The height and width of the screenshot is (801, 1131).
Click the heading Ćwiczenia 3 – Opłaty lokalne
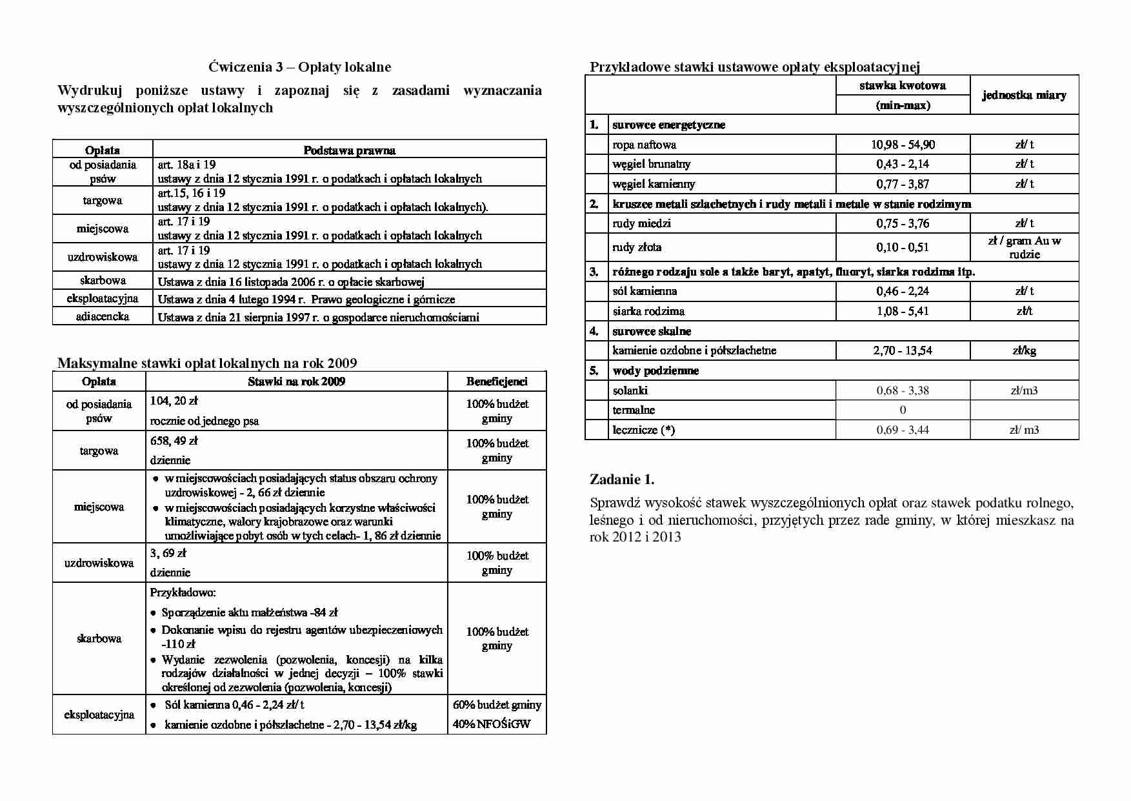click(299, 67)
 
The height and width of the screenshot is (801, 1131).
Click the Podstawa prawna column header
click(349, 150)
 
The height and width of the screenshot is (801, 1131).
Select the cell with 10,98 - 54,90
click(902, 145)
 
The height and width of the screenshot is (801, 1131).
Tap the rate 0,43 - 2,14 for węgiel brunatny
click(902, 164)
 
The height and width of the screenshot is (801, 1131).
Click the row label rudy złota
click(637, 247)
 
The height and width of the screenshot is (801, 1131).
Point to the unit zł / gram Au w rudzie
click(1024, 247)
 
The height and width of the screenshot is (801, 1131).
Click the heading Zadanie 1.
click(622, 480)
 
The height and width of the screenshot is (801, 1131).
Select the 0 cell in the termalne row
click(902, 410)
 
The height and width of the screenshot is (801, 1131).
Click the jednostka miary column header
click(1024, 96)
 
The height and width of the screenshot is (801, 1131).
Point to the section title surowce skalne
click(652, 331)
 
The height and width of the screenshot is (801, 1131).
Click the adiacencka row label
click(103, 316)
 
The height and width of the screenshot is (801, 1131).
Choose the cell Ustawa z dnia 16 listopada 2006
click(290, 281)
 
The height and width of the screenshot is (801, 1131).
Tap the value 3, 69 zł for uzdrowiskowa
click(168, 553)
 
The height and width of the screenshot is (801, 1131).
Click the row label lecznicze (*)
click(643, 430)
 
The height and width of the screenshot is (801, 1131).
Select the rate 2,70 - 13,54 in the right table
click(902, 350)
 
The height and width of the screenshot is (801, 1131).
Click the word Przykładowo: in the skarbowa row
click(183, 593)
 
